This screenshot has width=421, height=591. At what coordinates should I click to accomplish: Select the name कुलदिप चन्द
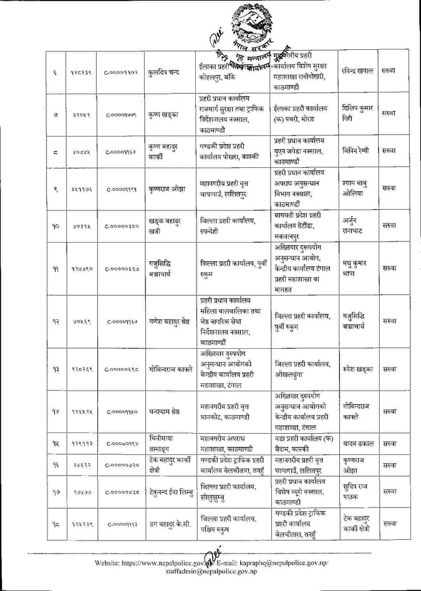165,72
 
